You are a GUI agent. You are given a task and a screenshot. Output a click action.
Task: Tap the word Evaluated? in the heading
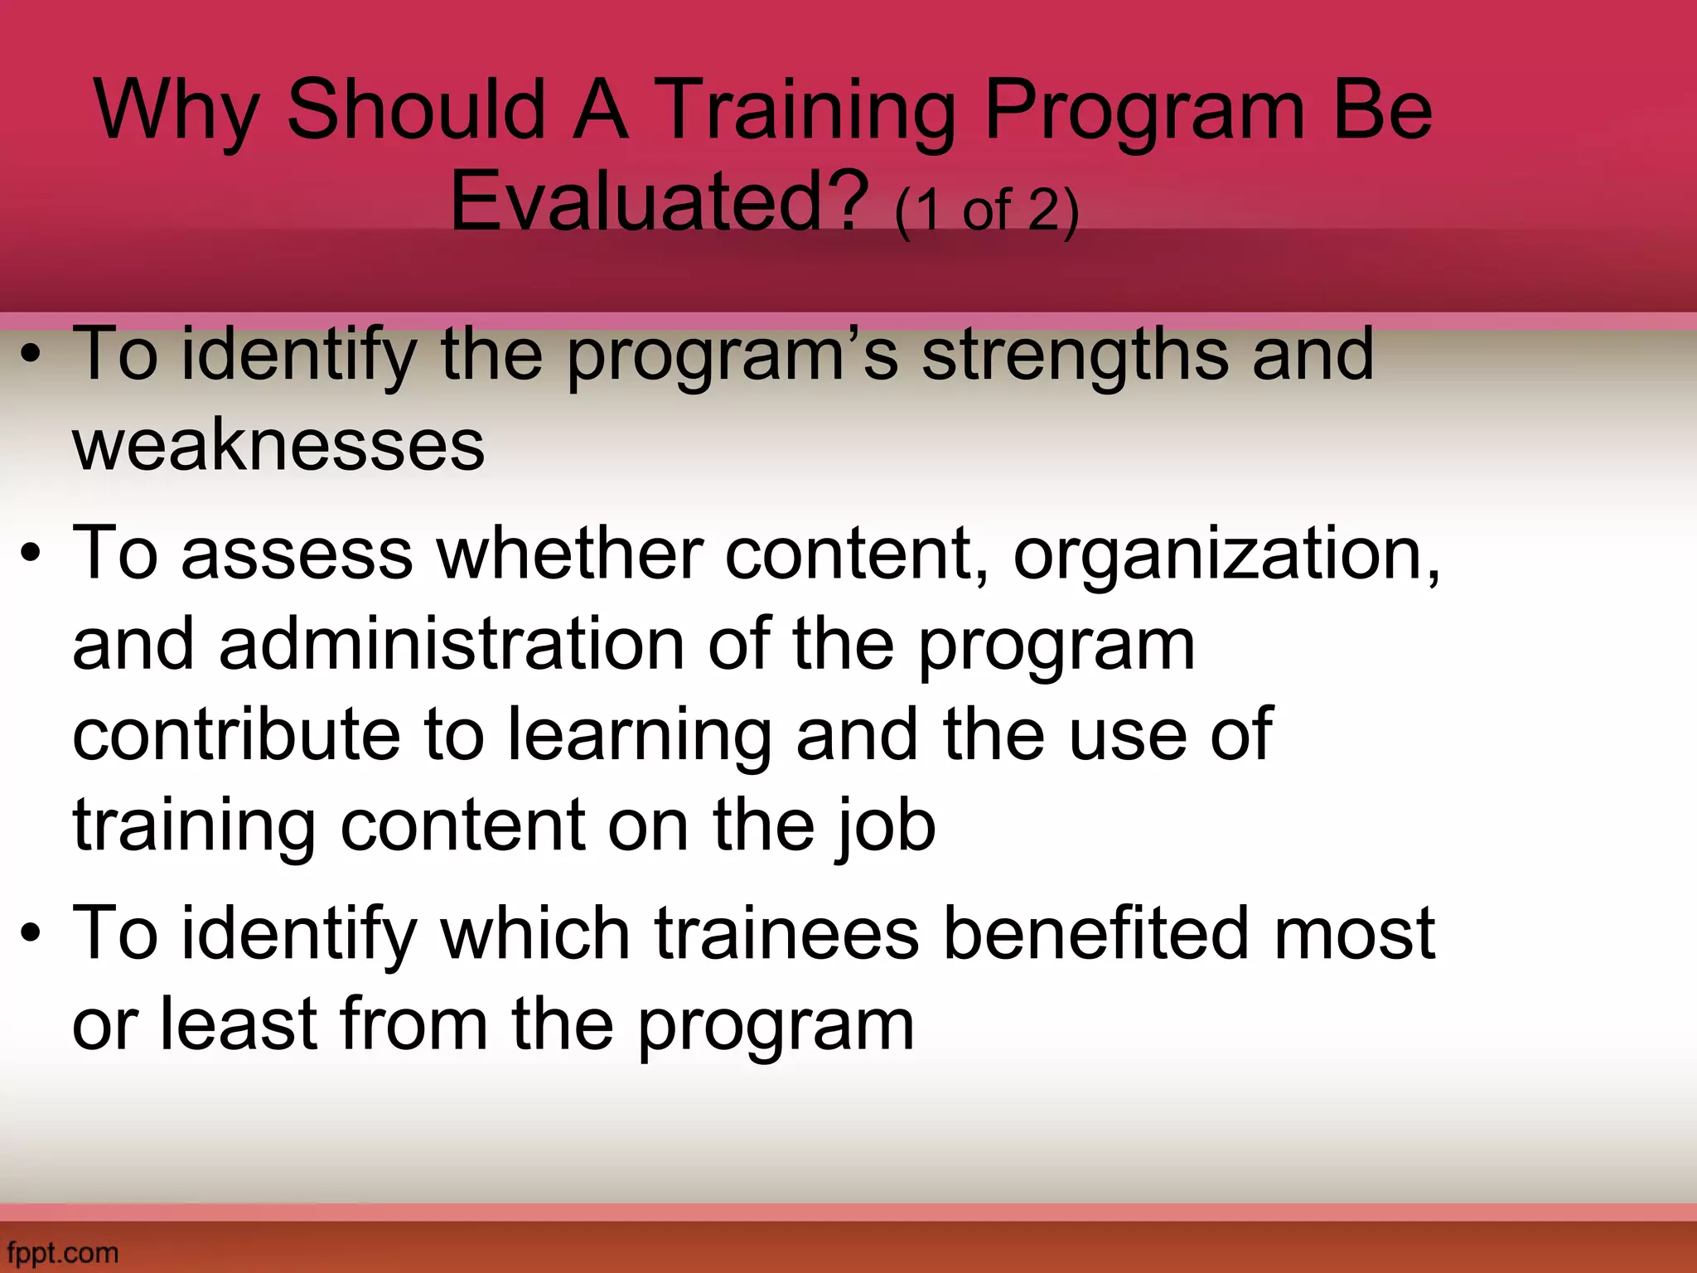(x=659, y=201)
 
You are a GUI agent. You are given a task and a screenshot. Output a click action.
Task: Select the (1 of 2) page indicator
(x=987, y=210)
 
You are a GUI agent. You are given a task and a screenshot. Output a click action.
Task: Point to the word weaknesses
(x=278, y=445)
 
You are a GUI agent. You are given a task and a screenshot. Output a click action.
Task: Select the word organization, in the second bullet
(x=1226, y=554)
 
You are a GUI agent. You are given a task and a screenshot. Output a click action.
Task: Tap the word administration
(x=452, y=645)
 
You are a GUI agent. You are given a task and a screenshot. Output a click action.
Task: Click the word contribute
(x=236, y=734)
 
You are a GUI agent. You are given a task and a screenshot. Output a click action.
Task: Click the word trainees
(x=786, y=933)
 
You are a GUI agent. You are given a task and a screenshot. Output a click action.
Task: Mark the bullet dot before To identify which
(x=31, y=933)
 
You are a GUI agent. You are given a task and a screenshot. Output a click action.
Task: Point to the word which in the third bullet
(x=535, y=933)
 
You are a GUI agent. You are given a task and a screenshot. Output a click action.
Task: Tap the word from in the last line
(x=413, y=1024)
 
